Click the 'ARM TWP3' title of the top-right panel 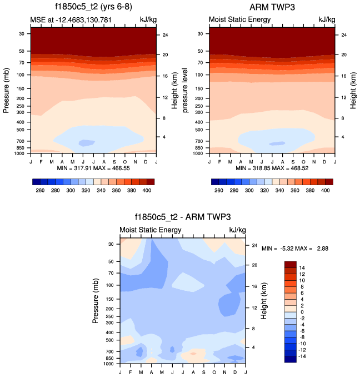[x=272, y=7]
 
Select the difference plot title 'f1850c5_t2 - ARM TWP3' [x=182, y=217]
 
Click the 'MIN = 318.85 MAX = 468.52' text [x=272, y=167]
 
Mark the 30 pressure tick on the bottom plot [x=111, y=244]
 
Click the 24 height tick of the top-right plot [x=343, y=35]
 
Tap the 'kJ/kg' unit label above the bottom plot [x=237, y=230]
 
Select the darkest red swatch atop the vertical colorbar [x=291, y=264]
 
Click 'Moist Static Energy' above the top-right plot [x=239, y=19]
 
